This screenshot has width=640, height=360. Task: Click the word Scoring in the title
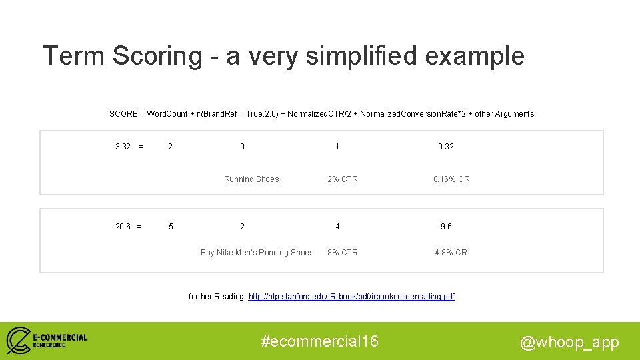click(157, 56)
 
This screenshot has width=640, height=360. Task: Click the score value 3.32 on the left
click(123, 146)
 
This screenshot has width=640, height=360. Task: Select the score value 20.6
click(123, 227)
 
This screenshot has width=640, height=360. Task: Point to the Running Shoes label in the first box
click(251, 179)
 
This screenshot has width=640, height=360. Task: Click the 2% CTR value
click(342, 179)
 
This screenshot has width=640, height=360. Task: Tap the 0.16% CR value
click(451, 179)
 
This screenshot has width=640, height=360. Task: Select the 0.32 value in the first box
click(445, 146)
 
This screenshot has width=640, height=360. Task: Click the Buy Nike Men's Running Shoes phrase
click(257, 253)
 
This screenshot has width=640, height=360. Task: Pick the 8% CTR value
click(342, 253)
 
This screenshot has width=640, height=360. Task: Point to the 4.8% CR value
click(451, 253)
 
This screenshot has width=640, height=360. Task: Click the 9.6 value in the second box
click(446, 227)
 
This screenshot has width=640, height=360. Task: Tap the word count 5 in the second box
click(171, 227)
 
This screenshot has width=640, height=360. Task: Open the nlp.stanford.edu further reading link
click(351, 297)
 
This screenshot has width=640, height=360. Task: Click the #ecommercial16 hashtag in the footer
click(320, 341)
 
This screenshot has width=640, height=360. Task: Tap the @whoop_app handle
click(569, 342)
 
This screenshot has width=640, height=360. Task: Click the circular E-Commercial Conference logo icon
click(19, 340)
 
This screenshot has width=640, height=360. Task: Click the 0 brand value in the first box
click(242, 146)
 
